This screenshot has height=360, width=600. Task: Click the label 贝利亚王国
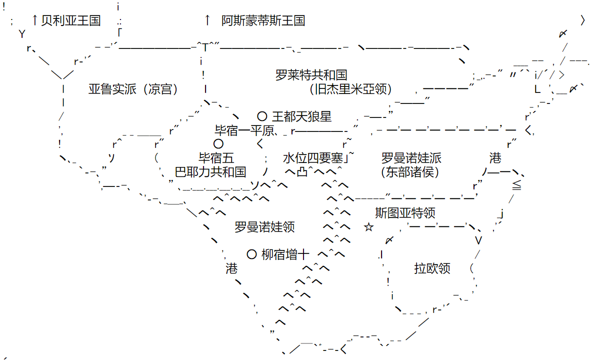[71, 20]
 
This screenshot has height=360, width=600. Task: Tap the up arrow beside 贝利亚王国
[34, 20]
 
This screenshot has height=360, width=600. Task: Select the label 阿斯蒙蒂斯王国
[263, 20]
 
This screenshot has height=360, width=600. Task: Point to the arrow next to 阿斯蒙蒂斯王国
[207, 20]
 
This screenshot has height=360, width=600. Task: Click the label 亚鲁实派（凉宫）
[133, 89]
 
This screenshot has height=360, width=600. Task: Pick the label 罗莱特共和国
[311, 75]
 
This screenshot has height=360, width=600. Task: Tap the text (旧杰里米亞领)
[350, 89]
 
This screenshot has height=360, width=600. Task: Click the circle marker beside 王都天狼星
[262, 116]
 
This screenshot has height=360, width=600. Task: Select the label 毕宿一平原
[244, 130]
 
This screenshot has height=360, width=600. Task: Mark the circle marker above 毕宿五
[218, 144]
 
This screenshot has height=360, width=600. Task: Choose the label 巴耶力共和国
[210, 172]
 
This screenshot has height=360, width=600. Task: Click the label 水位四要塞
[313, 158]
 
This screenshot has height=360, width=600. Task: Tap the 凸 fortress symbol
[302, 172]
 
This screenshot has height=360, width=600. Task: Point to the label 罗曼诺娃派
[411, 158]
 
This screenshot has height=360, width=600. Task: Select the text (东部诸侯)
[410, 172]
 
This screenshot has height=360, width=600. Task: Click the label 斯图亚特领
[405, 213]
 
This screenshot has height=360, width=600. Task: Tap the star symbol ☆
[369, 227]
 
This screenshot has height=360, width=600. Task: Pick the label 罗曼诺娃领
[264, 227]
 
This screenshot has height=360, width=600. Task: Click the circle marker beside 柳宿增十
[252, 254]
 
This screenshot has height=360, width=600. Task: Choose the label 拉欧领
[432, 268]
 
